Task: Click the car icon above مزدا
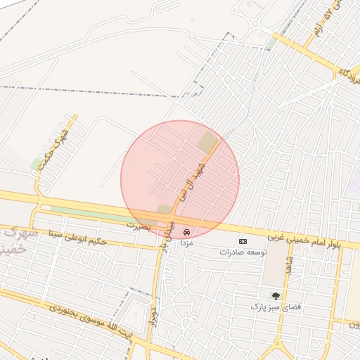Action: [x=186, y=232]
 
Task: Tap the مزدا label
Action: [x=186, y=243]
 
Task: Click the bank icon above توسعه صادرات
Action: [x=243, y=241]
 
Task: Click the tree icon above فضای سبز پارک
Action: [x=276, y=296]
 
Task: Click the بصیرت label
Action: [x=139, y=226]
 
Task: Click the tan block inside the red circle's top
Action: [x=207, y=143]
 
